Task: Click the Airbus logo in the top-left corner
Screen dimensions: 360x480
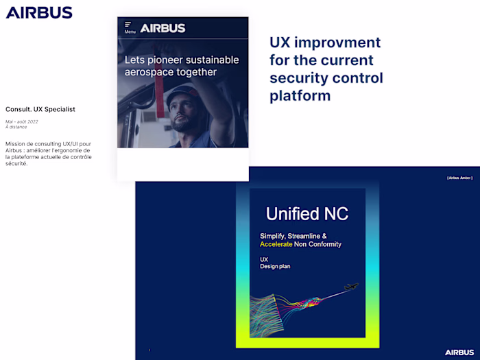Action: pyautogui.click(x=39, y=12)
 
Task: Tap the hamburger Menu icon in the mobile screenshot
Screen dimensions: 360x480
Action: pyautogui.click(x=128, y=25)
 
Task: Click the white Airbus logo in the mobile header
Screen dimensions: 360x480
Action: pyautogui.click(x=163, y=28)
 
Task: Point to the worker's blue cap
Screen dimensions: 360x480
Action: pyautogui.click(x=180, y=94)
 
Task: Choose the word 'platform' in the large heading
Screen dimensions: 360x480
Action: pyautogui.click(x=300, y=95)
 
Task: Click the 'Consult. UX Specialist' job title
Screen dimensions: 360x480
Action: pyautogui.click(x=40, y=109)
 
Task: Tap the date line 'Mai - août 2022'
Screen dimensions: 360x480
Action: pyautogui.click(x=22, y=121)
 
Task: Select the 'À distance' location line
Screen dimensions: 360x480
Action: pyautogui.click(x=16, y=128)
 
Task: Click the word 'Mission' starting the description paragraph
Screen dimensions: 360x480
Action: pyautogui.click(x=16, y=144)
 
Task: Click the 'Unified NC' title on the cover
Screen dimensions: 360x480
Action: pyautogui.click(x=302, y=213)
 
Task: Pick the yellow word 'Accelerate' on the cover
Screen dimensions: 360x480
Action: pyautogui.click(x=276, y=244)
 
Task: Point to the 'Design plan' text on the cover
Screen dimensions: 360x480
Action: pyautogui.click(x=275, y=266)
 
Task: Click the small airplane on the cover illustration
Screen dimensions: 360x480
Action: pyautogui.click(x=351, y=286)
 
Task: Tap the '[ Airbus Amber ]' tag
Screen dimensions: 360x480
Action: pyautogui.click(x=459, y=178)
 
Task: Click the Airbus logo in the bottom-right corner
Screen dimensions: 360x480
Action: pyautogui.click(x=459, y=352)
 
